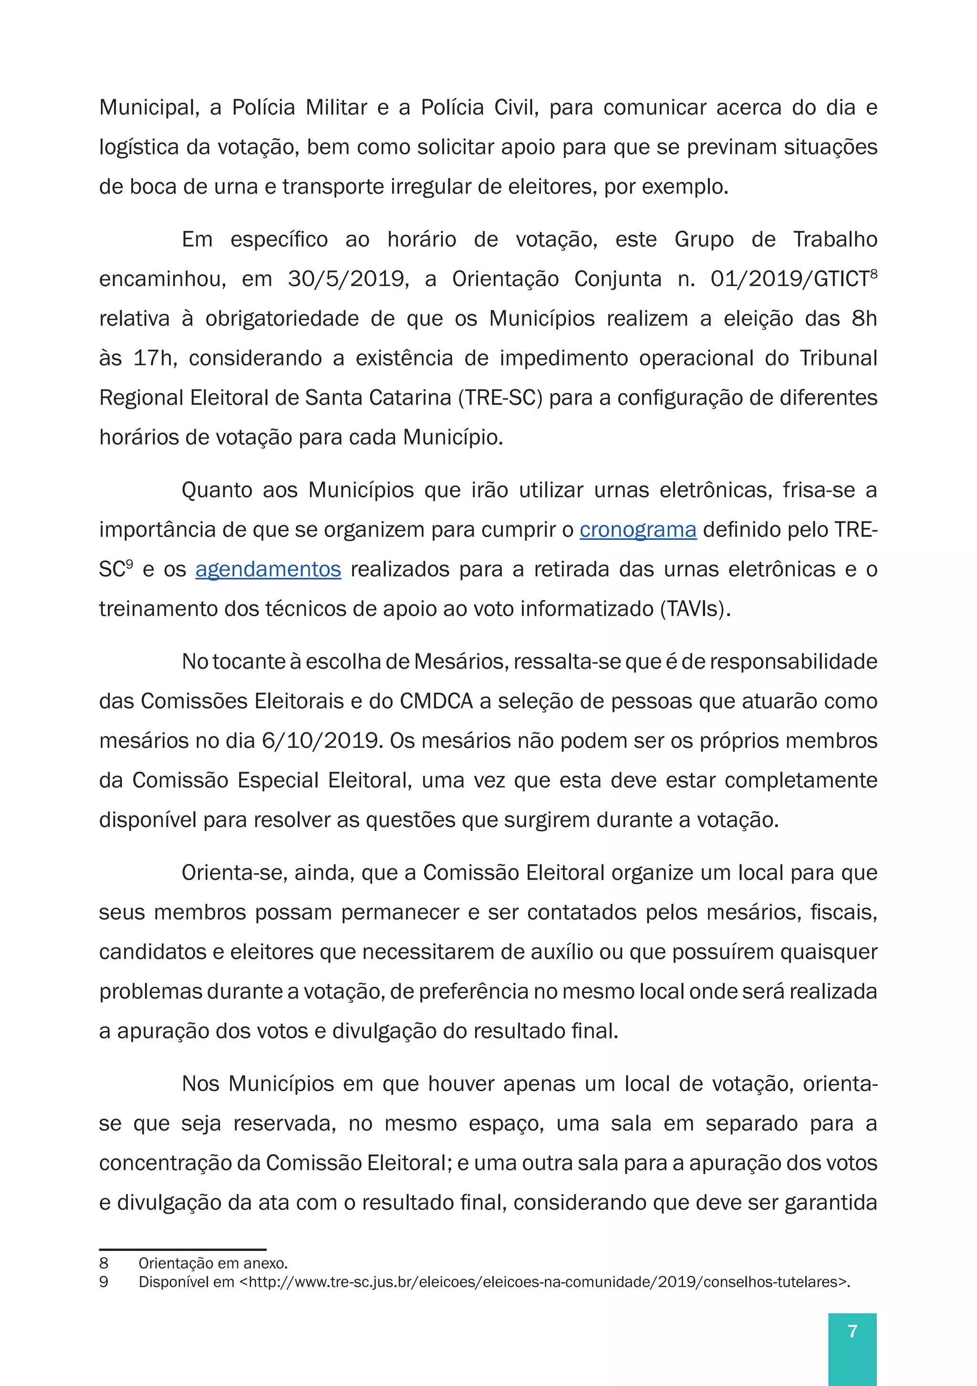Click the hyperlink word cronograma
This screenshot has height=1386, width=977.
pyautogui.click(x=638, y=530)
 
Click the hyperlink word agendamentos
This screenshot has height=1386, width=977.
pyautogui.click(x=268, y=569)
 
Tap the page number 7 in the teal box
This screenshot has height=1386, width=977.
pyautogui.click(x=852, y=1331)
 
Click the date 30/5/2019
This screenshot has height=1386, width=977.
pyautogui.click(x=348, y=279)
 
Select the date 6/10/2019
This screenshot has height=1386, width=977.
pyautogui.click(x=320, y=741)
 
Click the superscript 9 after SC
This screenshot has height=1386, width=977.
pyautogui.click(x=129, y=563)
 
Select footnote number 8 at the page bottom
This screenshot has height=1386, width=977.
pyautogui.click(x=104, y=1263)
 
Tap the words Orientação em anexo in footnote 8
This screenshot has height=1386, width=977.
pyautogui.click(x=213, y=1263)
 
